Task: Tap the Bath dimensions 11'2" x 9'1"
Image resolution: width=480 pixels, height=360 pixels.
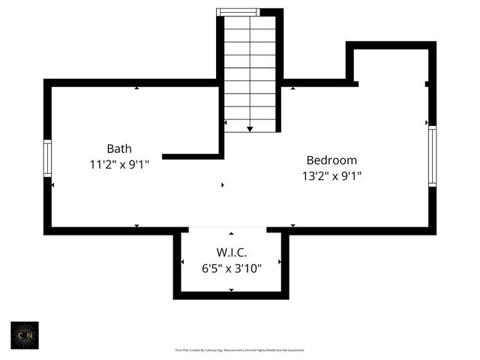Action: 119,163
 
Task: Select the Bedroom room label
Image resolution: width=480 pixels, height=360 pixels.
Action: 331,160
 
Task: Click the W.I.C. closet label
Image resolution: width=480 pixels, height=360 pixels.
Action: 232,253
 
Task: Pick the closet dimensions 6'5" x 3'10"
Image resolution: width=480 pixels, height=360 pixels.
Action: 231,268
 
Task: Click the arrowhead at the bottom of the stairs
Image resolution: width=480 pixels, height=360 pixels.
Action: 250,129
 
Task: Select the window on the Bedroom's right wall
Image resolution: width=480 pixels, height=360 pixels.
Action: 432,156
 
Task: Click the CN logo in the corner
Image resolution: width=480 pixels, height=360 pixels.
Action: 25,335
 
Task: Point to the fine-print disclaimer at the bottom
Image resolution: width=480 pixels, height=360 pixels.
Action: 239,350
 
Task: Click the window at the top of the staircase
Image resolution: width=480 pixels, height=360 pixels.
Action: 238,12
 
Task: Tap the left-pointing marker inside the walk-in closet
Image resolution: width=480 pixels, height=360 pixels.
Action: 183,262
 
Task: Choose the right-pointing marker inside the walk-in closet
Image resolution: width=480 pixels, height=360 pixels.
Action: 280,262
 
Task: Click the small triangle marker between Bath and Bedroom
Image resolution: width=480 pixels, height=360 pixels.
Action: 222,184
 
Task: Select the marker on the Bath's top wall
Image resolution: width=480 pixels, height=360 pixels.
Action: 136,88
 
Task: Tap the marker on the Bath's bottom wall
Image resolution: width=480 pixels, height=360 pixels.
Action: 136,226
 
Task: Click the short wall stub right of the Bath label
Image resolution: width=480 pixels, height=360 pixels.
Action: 192,156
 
